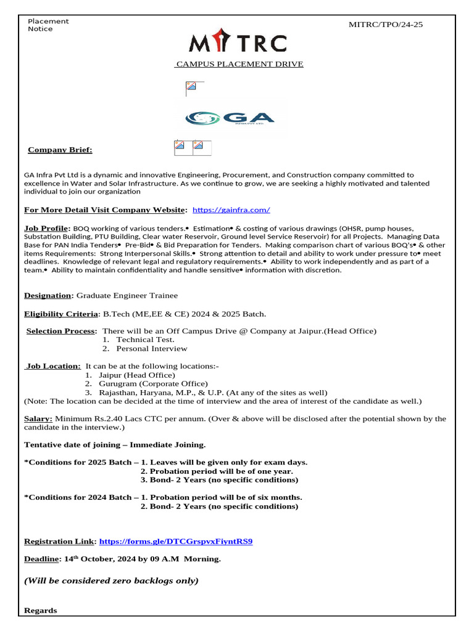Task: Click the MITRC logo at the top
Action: click(238, 44)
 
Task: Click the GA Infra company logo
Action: click(230, 117)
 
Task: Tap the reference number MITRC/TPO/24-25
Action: click(386, 25)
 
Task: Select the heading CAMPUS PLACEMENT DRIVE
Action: click(239, 64)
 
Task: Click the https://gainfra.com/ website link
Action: click(231, 210)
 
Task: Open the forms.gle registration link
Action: click(176, 542)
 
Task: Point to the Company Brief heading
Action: click(60, 150)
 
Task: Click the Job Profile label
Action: click(47, 228)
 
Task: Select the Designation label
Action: click(49, 296)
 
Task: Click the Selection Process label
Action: click(62, 331)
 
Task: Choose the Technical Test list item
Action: click(145, 340)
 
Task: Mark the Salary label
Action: click(38, 418)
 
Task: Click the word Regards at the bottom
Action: click(40, 610)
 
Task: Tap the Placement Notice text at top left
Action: click(48, 25)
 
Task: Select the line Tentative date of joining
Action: click(115, 444)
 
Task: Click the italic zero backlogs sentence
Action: click(111, 580)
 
